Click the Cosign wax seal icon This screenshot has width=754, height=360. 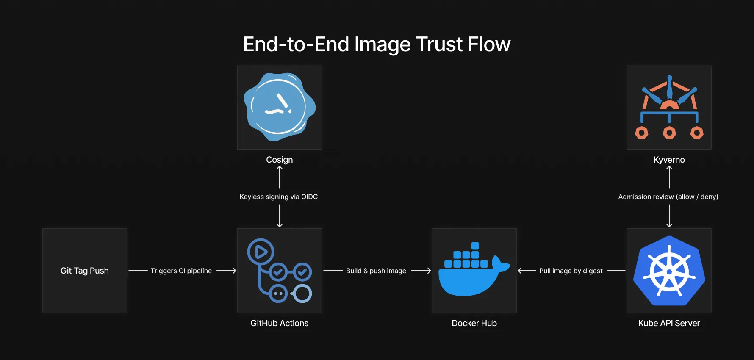pos(279,107)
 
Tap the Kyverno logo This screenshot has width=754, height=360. pos(669,107)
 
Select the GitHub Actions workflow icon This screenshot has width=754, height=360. pos(279,271)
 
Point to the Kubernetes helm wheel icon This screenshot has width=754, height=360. pos(669,271)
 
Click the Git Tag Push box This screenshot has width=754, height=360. pos(85,271)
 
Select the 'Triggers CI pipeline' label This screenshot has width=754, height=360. pos(181,271)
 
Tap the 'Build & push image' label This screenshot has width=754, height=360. pos(376,271)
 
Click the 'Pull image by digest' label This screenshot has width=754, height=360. pos(571,271)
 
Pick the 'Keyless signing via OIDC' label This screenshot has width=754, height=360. pos(279,197)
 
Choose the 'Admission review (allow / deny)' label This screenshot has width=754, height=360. pos(668,197)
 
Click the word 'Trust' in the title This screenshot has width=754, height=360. pos(439,44)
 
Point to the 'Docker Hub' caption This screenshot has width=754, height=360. pos(474,323)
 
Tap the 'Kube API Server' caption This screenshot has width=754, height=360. pos(669,323)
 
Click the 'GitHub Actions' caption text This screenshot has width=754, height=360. pos(279,323)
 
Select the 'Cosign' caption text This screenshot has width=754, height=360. pos(279,160)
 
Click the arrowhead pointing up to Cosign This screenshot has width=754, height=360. pos(280,168)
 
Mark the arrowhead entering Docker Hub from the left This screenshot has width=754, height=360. pos(429,271)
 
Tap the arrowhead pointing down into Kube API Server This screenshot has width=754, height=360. pos(669,225)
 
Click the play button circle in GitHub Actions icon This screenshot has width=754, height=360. pos(261,252)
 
